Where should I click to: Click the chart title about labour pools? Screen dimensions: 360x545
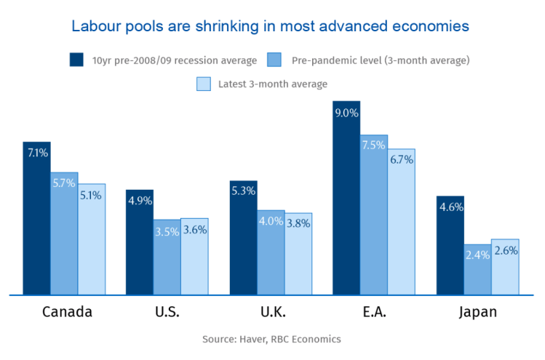pos(270,26)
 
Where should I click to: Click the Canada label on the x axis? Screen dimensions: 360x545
pos(67,313)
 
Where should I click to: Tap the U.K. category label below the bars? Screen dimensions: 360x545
pos(273,313)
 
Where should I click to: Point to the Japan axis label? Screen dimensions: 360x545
pos(478,313)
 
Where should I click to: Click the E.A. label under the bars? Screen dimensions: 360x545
pos(375,313)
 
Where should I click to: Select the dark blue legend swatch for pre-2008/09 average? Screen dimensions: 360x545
pos(76,60)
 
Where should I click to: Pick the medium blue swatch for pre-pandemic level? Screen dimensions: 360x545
pos(274,60)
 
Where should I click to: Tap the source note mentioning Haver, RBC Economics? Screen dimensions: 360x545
pos(271,339)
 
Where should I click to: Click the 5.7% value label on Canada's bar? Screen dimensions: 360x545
pos(64,183)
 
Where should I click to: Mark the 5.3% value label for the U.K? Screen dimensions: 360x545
pos(243,191)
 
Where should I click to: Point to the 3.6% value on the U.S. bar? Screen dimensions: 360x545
pos(195,230)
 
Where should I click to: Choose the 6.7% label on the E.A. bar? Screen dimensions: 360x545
pos(402,160)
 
